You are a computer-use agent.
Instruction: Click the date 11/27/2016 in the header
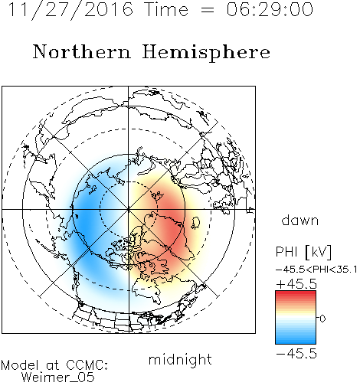pos(70,10)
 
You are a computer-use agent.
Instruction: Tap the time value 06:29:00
pos(270,10)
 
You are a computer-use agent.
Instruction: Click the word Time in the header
pos(166,10)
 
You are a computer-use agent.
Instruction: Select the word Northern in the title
pos(82,51)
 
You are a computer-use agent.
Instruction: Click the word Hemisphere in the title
pos(206,53)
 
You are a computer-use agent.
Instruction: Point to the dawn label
pos(300,220)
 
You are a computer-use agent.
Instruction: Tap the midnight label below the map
pos(180,360)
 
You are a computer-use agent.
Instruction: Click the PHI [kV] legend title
pos(303,252)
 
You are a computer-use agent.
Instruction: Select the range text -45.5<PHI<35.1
pos(316,270)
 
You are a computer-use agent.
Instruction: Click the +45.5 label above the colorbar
pos(296,284)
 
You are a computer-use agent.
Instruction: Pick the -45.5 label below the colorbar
pos(296,354)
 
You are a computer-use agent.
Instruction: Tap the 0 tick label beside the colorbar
pos(322,319)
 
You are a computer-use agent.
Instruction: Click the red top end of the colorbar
pos(296,293)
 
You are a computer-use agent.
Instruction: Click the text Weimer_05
pos(58,378)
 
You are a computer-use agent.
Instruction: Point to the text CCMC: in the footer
pos(87,365)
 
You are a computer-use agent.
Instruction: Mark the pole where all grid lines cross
pos(128,209)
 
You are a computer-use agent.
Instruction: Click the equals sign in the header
pos(208,10)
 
